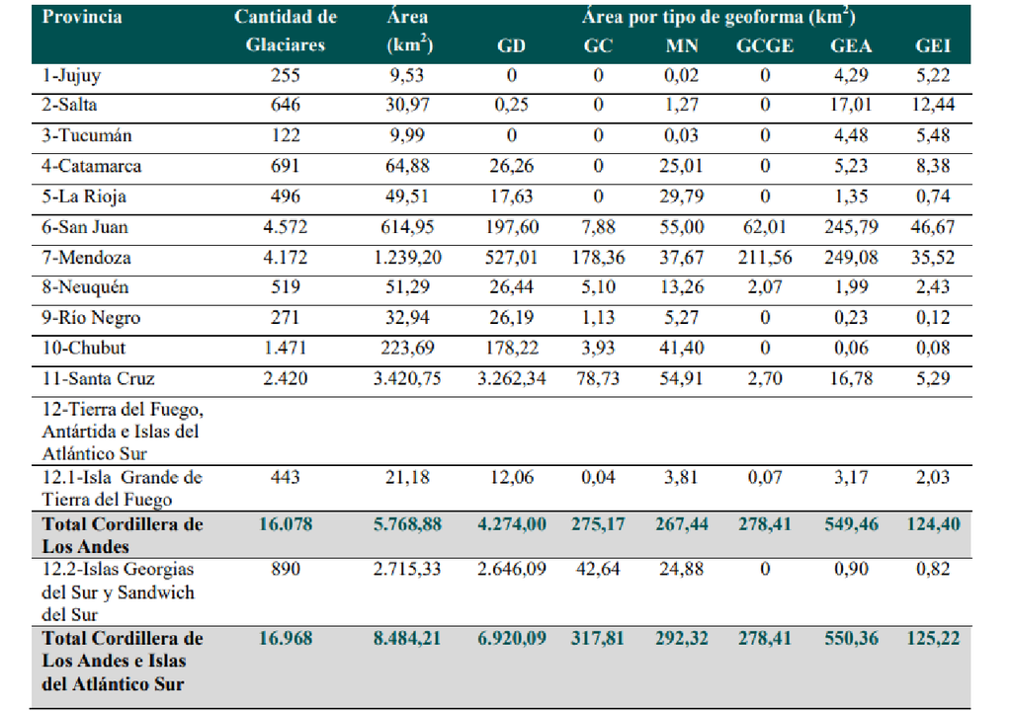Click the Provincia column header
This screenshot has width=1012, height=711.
pyautogui.click(x=82, y=17)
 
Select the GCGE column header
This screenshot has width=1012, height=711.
pyautogui.click(x=765, y=46)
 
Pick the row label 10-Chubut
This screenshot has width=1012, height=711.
pyautogui.click(x=84, y=349)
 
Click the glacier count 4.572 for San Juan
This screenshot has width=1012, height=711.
pyautogui.click(x=285, y=227)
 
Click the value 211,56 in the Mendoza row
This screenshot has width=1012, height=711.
pyautogui.click(x=765, y=258)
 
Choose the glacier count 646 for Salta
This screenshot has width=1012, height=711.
pyautogui.click(x=285, y=104)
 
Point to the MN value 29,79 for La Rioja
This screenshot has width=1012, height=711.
pyautogui.click(x=685, y=197)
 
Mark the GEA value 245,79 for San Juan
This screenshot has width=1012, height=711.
pyautogui.click(x=851, y=227)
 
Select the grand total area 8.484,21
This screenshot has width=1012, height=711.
pyautogui.click(x=409, y=638)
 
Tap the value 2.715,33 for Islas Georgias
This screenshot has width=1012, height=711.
pyautogui.click(x=409, y=570)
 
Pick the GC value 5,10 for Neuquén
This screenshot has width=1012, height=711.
pyautogui.click(x=600, y=288)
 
